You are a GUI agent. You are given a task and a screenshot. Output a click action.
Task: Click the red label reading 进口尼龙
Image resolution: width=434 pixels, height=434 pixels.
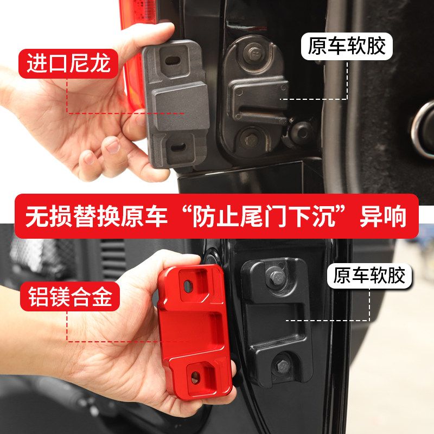point(68,63)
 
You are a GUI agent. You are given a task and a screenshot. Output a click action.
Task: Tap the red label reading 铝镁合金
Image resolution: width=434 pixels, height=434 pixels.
point(70,296)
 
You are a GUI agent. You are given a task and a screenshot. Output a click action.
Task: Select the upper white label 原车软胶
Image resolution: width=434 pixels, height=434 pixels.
point(347,46)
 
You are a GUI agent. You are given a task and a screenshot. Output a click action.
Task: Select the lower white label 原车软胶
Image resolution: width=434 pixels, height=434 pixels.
point(369,276)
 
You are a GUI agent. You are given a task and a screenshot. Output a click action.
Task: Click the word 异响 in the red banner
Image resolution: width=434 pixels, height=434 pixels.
point(383,216)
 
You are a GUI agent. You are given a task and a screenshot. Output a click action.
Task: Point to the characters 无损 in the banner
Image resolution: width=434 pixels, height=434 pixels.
point(49,216)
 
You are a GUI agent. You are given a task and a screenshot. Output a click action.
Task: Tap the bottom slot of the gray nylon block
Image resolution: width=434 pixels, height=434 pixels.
point(178,147)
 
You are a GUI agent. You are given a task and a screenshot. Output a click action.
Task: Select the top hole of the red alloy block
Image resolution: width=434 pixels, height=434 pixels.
point(188,286)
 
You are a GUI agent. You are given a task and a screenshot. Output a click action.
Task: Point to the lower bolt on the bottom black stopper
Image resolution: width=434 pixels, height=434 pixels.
point(283,366)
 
